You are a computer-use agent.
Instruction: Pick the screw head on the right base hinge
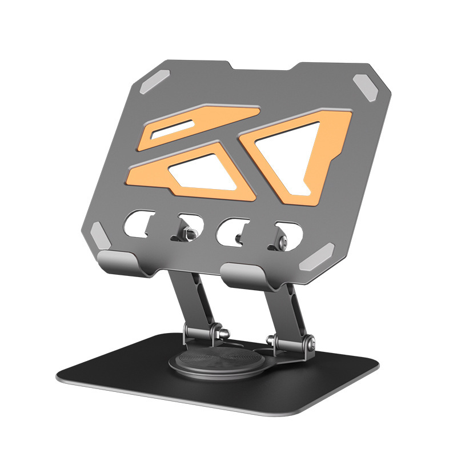pos(311,343)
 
